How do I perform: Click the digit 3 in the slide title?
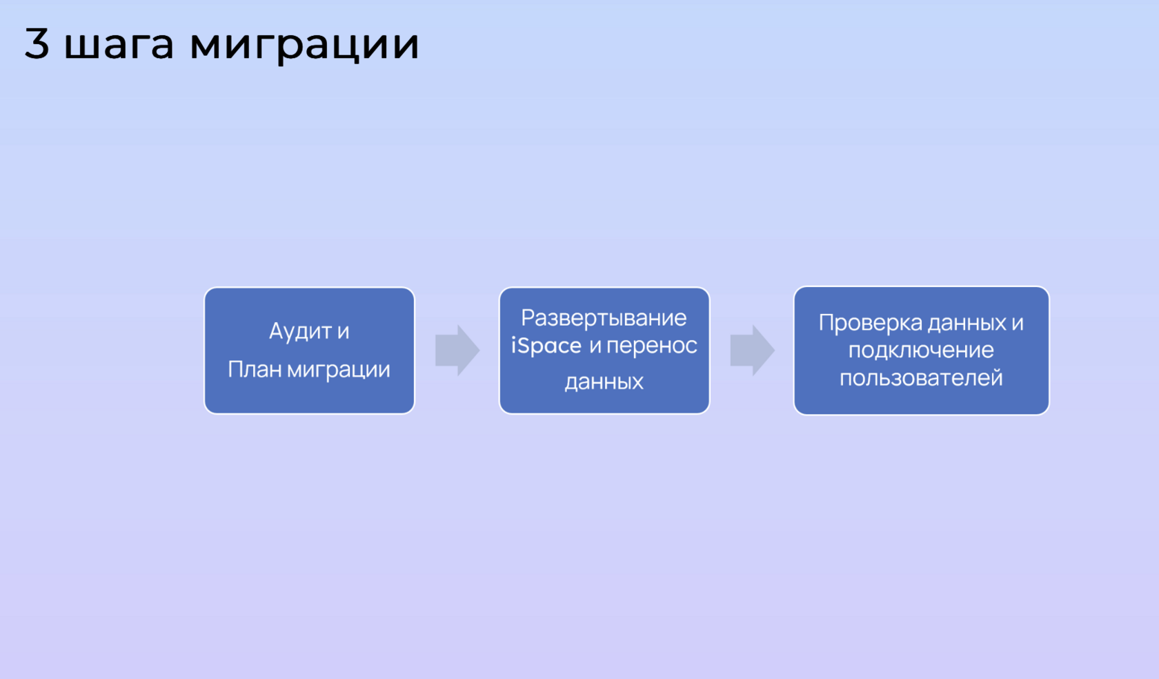[37, 43]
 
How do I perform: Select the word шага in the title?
[119, 46]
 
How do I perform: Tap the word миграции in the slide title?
[304, 46]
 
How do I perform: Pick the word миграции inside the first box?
[338, 371]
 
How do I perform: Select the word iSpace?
[546, 346]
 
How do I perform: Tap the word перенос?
[652, 346]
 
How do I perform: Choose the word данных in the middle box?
[604, 382]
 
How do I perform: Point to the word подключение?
[921, 351]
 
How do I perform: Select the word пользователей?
[921, 378]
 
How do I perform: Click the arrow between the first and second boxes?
[457, 351]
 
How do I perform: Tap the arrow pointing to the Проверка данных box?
[752, 351]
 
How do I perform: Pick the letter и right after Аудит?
[343, 332]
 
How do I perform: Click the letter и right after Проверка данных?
[1017, 324]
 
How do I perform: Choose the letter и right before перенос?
[595, 346]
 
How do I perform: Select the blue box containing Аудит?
[309, 351]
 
